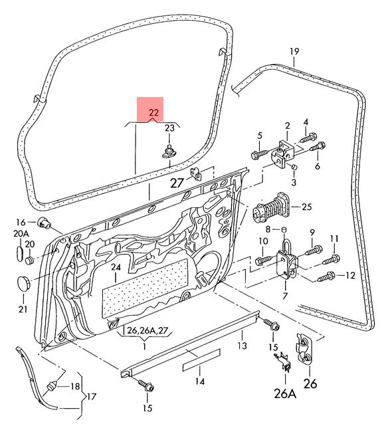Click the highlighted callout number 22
(x=154, y=112)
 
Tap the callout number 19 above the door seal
(x=294, y=51)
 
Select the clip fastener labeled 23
(x=169, y=151)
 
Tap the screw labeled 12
(x=326, y=276)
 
